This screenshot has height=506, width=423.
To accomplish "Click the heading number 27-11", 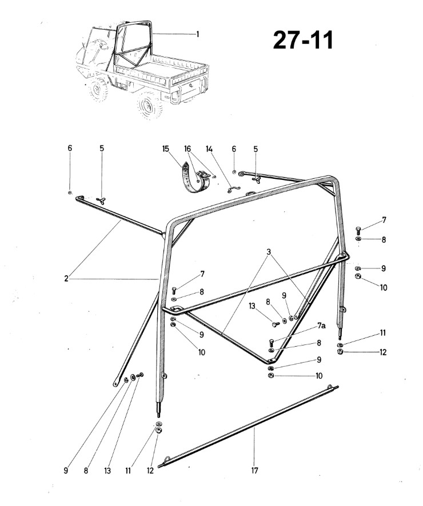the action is tap(302, 41).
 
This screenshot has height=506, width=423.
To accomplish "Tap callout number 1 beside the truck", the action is tap(198, 34).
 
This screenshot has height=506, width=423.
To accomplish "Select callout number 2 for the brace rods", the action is tap(66, 278).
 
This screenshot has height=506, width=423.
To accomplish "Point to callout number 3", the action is tap(269, 252).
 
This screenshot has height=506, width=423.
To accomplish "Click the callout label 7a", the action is tap(321, 326).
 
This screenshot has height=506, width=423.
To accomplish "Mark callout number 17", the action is tap(255, 471).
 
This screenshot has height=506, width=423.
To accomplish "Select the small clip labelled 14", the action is tap(233, 189).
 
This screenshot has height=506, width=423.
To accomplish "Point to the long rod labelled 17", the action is tap(249, 426).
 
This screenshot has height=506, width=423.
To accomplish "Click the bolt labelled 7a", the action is tap(271, 343).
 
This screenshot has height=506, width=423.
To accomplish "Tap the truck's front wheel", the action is tap(98, 89).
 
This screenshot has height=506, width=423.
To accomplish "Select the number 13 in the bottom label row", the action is tap(107, 471).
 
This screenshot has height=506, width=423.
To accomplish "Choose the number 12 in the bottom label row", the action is tap(150, 471).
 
